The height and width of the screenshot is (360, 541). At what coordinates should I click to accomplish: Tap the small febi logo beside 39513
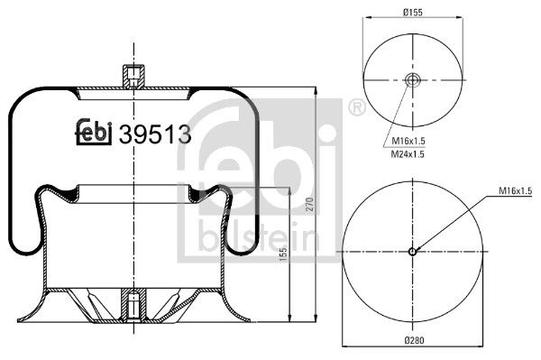tap(93, 133)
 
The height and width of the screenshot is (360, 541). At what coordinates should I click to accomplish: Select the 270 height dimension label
tap(309, 204)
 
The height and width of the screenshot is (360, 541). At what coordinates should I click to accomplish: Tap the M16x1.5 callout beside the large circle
tap(515, 191)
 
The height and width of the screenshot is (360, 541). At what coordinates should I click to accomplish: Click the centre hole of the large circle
tap(412, 252)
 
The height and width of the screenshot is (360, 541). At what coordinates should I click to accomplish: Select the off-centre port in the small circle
tap(413, 82)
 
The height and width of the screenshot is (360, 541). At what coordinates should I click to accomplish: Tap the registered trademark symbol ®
tap(355, 110)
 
